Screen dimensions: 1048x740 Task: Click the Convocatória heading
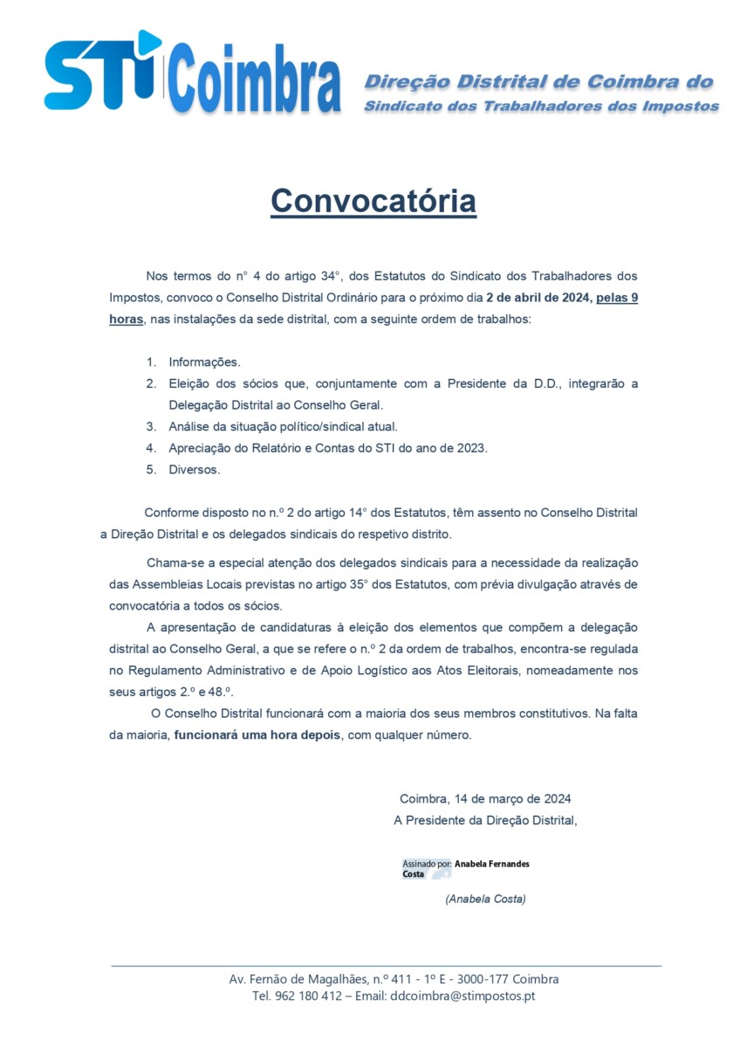(x=373, y=201)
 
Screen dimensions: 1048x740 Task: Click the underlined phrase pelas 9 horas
(x=616, y=298)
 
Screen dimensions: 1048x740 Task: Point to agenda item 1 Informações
(x=204, y=362)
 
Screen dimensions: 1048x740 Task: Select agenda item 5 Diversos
(x=195, y=470)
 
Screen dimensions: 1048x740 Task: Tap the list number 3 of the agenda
(x=150, y=427)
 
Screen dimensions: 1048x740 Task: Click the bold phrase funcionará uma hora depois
(x=257, y=735)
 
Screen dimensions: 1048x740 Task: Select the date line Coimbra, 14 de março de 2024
(x=485, y=798)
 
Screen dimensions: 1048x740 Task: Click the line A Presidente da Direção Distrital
(x=485, y=820)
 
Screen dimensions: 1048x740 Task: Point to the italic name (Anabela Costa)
(x=485, y=899)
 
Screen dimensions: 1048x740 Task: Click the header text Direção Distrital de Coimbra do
(x=538, y=82)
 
